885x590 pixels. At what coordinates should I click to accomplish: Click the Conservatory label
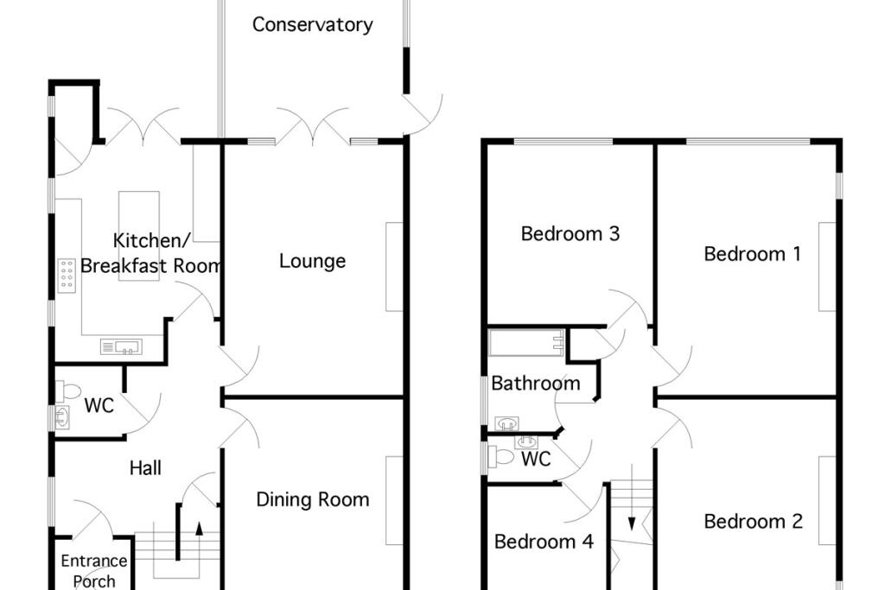point(312,25)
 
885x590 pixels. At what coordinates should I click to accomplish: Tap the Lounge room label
point(312,261)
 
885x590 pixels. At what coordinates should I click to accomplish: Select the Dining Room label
point(312,499)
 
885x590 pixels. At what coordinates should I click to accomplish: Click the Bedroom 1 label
point(752,254)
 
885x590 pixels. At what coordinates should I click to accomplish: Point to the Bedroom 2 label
point(753,522)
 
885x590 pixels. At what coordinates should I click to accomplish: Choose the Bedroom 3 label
point(570,234)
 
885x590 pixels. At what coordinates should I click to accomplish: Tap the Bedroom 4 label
point(544,542)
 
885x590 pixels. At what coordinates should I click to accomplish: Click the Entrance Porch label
point(94,571)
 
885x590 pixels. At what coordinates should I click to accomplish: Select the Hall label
point(145,468)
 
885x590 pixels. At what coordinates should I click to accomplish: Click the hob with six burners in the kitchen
point(67,275)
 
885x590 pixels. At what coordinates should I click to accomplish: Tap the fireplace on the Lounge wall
point(394,266)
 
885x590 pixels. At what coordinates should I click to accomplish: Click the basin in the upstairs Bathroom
point(507,423)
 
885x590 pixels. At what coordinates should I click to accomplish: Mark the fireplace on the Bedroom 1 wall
point(828,266)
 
